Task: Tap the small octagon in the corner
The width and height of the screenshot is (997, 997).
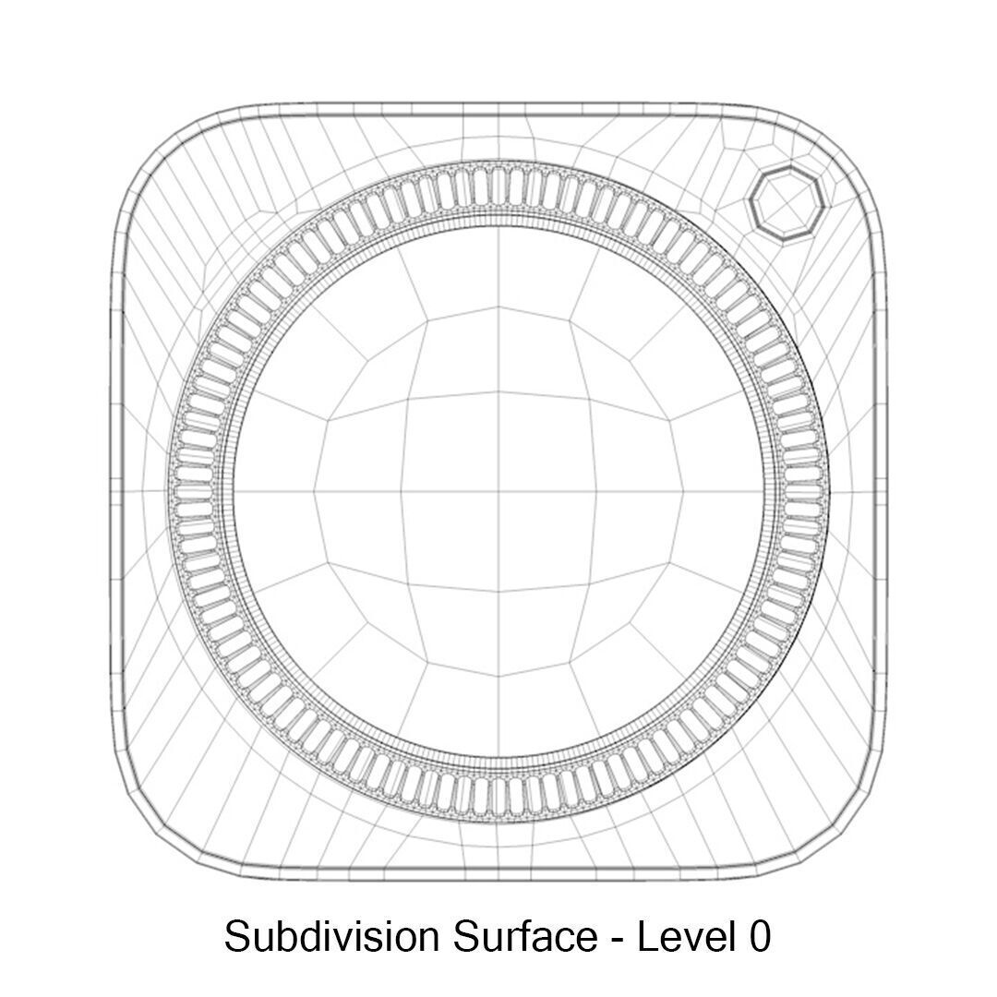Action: pyautogui.click(x=785, y=204)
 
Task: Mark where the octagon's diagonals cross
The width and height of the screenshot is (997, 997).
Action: pyautogui.click(x=785, y=204)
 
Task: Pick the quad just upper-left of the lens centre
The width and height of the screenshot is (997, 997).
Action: pyautogui.click(x=450, y=440)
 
